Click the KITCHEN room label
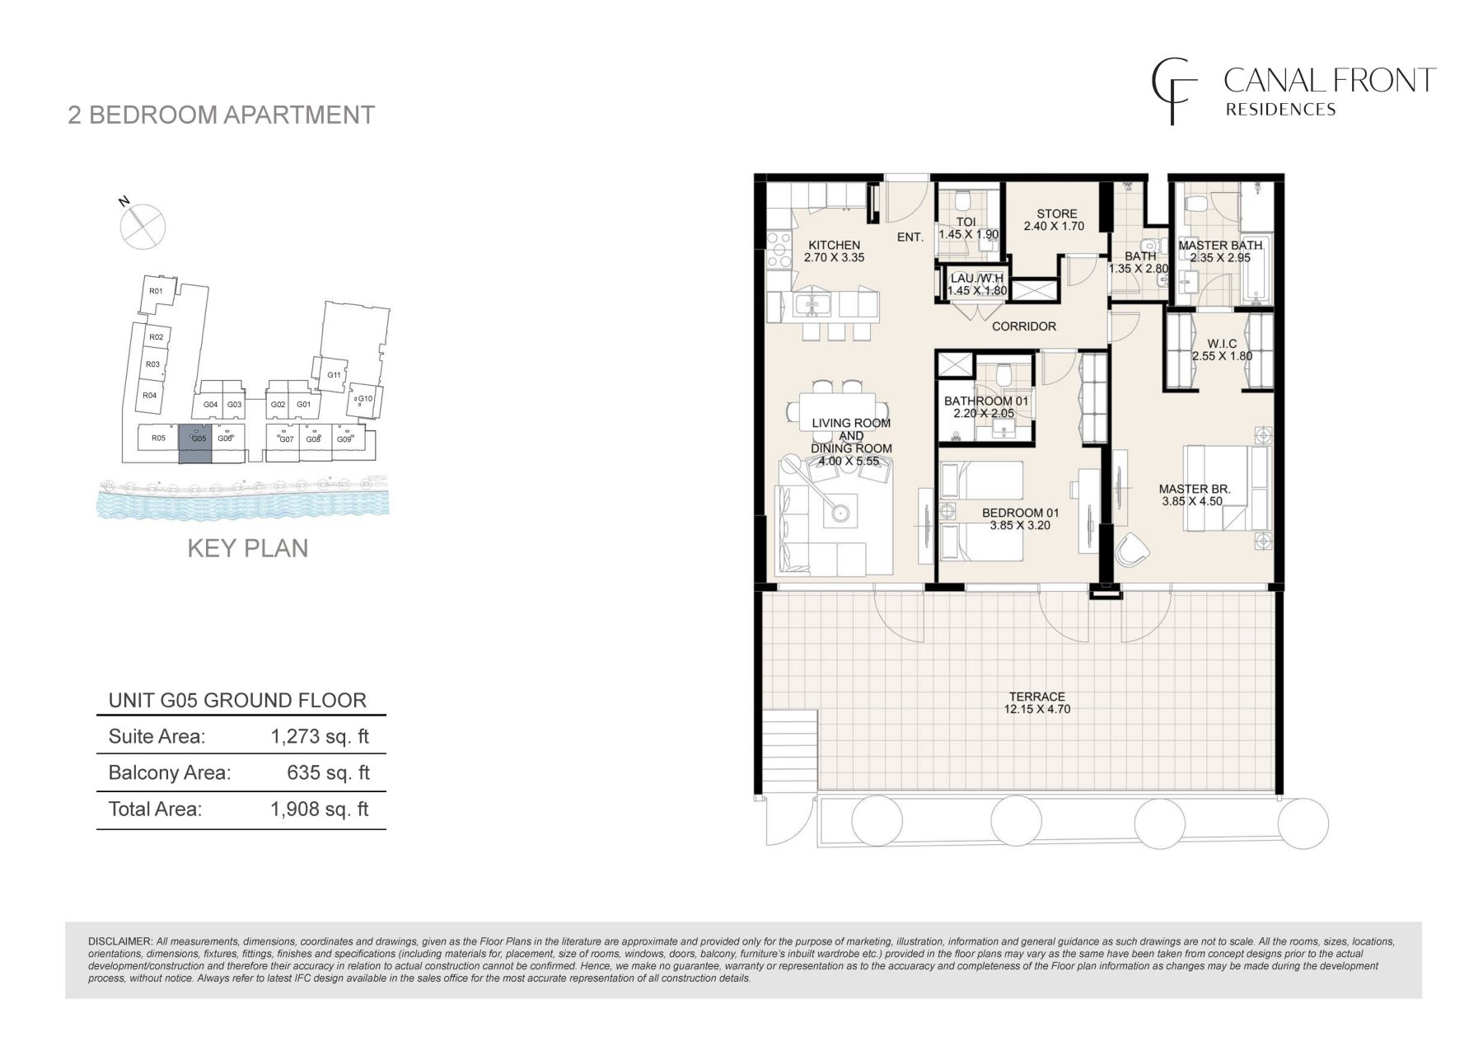click(x=834, y=245)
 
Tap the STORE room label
click(x=1057, y=213)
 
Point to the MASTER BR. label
click(x=1195, y=489)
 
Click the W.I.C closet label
click(x=1222, y=344)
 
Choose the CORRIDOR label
click(x=1024, y=326)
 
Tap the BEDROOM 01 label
click(x=1016, y=513)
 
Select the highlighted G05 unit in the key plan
click(x=195, y=444)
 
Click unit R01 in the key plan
click(x=155, y=291)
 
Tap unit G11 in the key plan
click(x=334, y=375)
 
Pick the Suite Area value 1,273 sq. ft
click(x=320, y=736)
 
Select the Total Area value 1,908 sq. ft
click(x=320, y=809)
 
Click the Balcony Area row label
click(x=170, y=772)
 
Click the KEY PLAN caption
click(x=248, y=548)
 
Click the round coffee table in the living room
click(x=840, y=512)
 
